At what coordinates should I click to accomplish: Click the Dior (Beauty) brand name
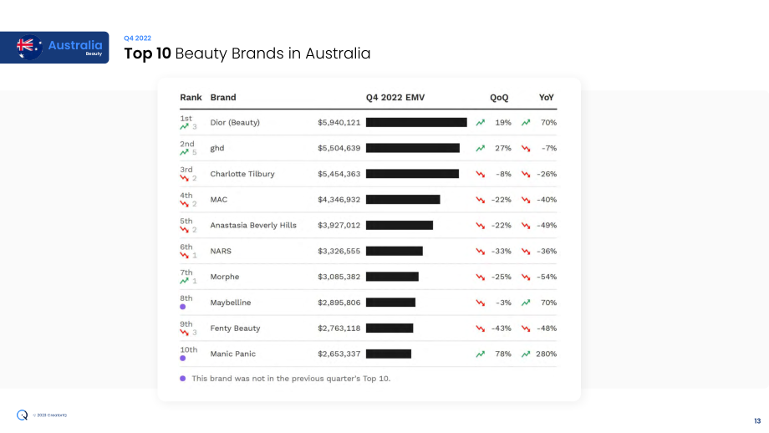point(235,123)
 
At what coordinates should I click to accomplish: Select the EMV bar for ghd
point(412,148)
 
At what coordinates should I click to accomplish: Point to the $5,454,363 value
point(339,174)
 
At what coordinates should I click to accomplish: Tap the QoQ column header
point(499,98)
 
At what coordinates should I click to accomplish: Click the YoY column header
point(546,98)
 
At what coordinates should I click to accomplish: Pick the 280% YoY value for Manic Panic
point(546,354)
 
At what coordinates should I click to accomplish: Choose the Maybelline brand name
point(231,303)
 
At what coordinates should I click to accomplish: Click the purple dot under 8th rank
point(183,307)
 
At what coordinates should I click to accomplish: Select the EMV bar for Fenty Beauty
point(390,328)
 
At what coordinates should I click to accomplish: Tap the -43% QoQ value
point(502,329)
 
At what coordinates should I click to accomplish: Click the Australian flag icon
point(29,47)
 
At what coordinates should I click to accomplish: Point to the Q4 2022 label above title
point(137,38)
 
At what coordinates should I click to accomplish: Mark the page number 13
point(757,421)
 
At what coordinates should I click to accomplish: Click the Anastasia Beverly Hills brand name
point(253,226)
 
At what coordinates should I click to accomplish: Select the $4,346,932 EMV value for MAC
point(339,200)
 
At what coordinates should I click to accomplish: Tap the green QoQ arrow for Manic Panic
point(480,354)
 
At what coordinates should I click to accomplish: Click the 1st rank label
point(186,119)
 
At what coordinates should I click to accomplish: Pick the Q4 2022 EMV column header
point(395,98)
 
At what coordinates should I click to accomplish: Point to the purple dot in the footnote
point(183,379)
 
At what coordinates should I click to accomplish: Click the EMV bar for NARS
point(395,251)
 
